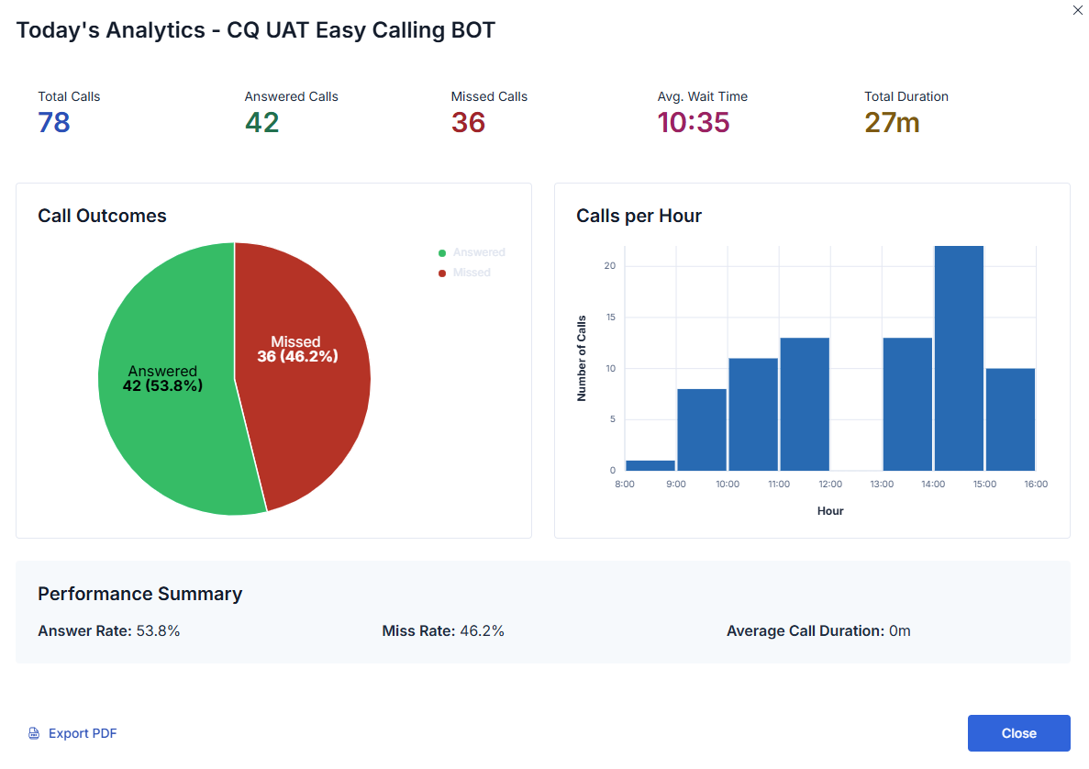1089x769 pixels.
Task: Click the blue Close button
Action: click(1018, 733)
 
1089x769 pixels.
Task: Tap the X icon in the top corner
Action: click(1077, 10)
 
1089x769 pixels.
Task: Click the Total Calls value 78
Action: click(54, 122)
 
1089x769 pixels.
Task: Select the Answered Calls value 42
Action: click(261, 122)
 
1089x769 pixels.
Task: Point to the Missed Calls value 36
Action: click(468, 122)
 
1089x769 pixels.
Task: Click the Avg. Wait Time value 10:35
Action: click(694, 122)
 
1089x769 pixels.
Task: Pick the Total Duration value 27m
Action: click(892, 122)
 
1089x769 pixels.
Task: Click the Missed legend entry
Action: click(471, 273)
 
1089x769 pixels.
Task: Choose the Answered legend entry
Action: click(477, 252)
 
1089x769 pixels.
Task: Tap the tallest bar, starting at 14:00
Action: click(959, 358)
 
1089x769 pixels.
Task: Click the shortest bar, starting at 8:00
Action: click(650, 465)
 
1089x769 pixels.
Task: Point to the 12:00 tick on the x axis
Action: click(830, 485)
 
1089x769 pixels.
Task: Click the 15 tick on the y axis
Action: click(610, 318)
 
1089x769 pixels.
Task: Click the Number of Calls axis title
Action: click(581, 358)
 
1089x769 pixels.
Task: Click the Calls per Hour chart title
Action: click(639, 216)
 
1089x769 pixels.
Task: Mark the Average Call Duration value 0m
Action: click(900, 630)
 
